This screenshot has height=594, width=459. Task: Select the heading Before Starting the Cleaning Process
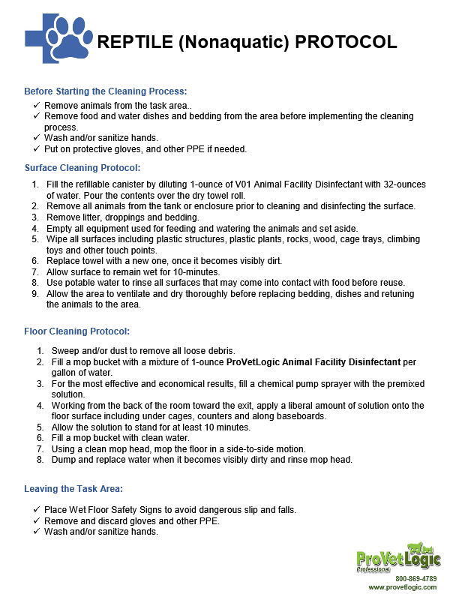click(106, 91)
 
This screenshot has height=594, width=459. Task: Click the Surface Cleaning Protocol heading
click(82, 168)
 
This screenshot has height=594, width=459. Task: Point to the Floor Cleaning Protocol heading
click(77, 331)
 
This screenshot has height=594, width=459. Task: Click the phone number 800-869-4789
click(415, 579)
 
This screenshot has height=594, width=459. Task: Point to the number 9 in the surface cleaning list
click(35, 294)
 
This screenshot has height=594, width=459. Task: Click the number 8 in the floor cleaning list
click(40, 460)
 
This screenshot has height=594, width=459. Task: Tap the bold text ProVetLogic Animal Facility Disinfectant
click(313, 362)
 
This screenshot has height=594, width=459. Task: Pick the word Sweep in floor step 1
click(64, 351)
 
